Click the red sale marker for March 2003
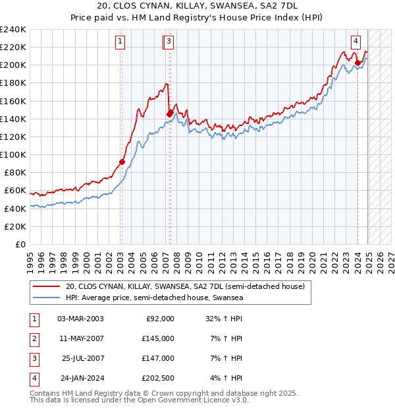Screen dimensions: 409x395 (122, 162)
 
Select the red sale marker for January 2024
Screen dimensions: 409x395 (358, 63)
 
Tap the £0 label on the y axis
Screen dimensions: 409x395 (20, 244)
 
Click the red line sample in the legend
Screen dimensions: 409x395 (47, 287)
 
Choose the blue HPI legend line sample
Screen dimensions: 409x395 (47, 298)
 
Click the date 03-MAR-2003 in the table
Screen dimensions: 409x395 (80, 318)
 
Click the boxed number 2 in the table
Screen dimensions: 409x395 (33, 338)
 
